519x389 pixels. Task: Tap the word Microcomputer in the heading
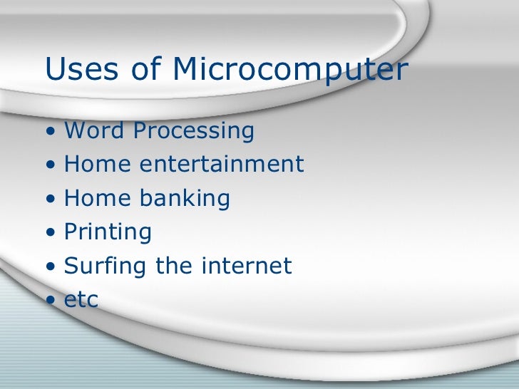tap(290, 71)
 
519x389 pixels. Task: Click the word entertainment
tap(222, 165)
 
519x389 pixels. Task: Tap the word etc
tap(81, 300)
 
